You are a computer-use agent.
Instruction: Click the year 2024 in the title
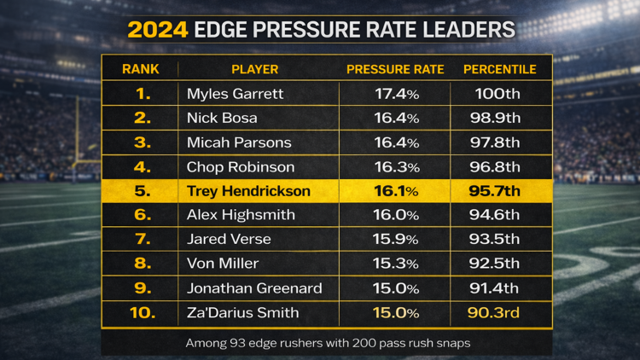(x=157, y=30)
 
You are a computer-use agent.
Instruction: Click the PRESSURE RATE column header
(x=397, y=69)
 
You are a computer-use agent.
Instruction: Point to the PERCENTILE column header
(x=500, y=69)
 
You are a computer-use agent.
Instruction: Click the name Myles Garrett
(x=235, y=94)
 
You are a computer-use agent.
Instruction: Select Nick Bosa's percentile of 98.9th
(x=500, y=119)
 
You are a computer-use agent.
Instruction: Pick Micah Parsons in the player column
(x=239, y=142)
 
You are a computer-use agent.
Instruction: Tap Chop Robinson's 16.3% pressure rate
(x=397, y=167)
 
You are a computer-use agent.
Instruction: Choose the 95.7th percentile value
(x=500, y=191)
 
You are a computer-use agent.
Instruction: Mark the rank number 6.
(x=143, y=216)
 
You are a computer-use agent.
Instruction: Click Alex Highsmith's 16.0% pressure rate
(x=397, y=216)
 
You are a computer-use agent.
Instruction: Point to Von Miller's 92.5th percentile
(x=500, y=264)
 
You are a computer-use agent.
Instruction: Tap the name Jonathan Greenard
(x=254, y=288)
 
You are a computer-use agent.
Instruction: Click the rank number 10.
(x=143, y=313)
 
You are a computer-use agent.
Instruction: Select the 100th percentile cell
(x=500, y=94)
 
